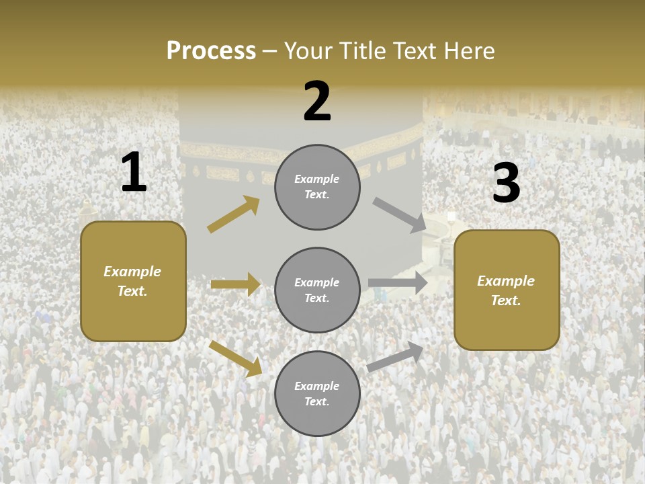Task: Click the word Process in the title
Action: point(211,51)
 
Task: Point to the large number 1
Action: point(134,173)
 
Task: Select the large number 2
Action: point(317,102)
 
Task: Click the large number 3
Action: point(506,184)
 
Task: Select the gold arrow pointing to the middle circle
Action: point(235,284)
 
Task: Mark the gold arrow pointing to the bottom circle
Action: point(236,358)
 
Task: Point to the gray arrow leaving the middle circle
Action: point(398,283)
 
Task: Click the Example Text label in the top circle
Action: point(317,187)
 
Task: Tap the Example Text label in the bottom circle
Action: point(317,394)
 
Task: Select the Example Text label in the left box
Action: point(133,281)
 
